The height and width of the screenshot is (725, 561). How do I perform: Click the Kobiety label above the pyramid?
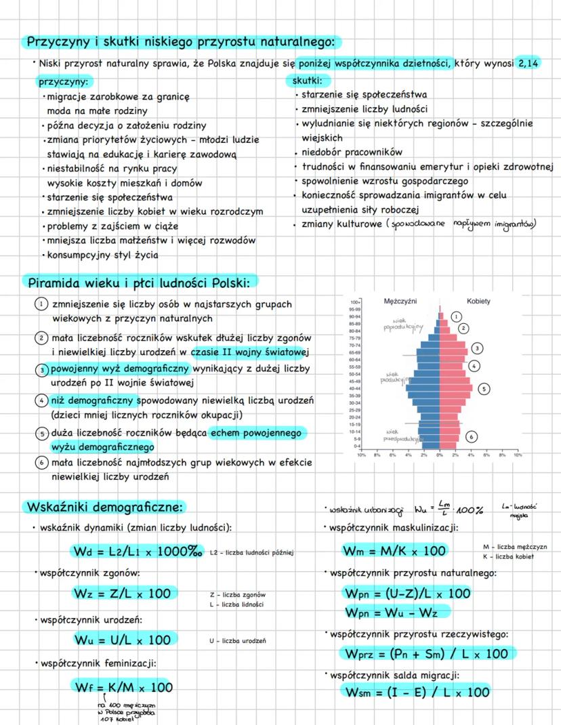pyautogui.click(x=478, y=301)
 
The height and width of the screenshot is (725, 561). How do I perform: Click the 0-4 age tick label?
pyautogui.click(x=354, y=446)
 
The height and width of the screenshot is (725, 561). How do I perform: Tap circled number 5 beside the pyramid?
pyautogui.click(x=484, y=389)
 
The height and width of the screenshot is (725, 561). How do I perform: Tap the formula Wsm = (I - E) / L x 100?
pyautogui.click(x=417, y=692)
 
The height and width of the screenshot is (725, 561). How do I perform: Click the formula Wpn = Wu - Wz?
pyautogui.click(x=396, y=613)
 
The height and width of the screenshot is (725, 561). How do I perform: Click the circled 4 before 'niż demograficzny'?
pyautogui.click(x=42, y=401)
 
